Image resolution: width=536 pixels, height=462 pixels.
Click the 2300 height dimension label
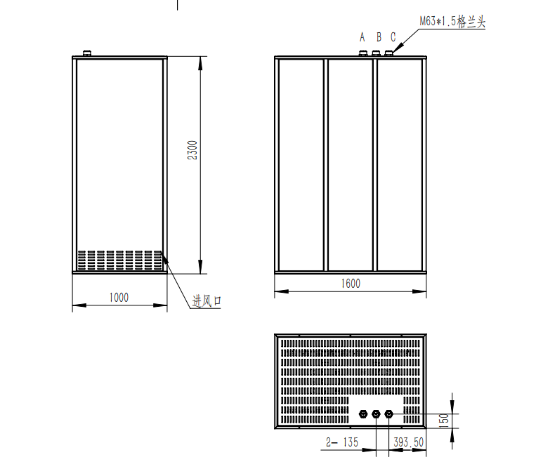tap(192, 150)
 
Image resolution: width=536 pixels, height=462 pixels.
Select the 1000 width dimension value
tap(119, 298)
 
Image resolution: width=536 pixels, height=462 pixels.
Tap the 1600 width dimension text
tap(351, 284)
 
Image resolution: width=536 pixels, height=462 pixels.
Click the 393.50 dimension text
tap(408, 442)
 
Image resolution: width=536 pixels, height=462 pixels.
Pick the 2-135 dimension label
tap(342, 442)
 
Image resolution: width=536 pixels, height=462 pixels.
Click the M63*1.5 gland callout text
tap(452, 22)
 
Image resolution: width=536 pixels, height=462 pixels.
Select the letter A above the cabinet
tap(362, 37)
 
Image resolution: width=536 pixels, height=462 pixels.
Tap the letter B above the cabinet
tap(379, 37)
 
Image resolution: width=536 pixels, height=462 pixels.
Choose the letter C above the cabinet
tap(393, 37)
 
